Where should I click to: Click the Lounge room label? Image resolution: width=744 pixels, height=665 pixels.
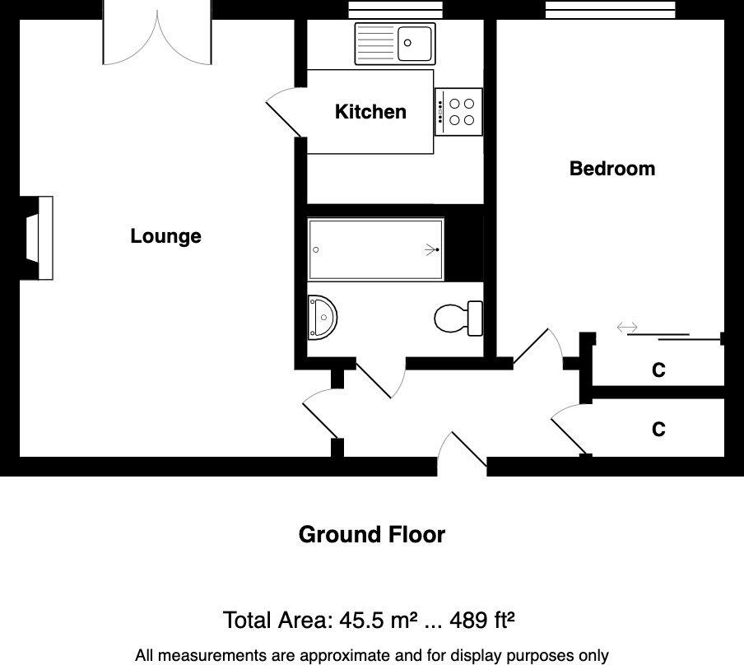click(x=165, y=236)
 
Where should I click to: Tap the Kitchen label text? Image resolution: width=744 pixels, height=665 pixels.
click(x=370, y=112)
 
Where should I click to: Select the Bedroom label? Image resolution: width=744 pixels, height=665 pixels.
click(x=612, y=169)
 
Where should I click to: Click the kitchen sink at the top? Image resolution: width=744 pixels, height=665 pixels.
click(x=394, y=43)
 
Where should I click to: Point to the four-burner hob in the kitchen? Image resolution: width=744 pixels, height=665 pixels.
click(x=458, y=112)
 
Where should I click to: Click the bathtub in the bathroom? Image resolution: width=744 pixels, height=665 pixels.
click(x=375, y=249)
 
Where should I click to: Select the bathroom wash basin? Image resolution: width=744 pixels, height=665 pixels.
click(x=322, y=317)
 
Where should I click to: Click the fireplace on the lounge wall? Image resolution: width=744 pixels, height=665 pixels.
click(x=39, y=238)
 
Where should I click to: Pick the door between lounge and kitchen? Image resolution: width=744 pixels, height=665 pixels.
click(x=284, y=115)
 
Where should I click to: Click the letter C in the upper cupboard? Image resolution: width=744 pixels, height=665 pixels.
click(x=658, y=370)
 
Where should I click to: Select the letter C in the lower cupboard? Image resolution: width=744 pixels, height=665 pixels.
click(x=658, y=430)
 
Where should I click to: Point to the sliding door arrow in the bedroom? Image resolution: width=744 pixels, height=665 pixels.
click(x=627, y=328)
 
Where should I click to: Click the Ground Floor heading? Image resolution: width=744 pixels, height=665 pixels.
click(x=372, y=535)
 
